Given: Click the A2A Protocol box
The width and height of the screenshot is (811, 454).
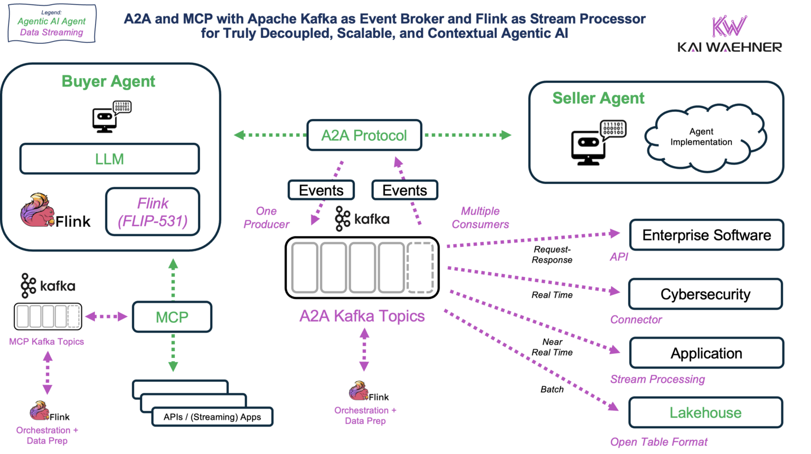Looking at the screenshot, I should click(364, 136).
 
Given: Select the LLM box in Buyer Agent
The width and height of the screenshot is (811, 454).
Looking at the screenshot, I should click(109, 159).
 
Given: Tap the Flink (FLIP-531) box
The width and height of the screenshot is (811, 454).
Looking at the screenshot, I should click(153, 212).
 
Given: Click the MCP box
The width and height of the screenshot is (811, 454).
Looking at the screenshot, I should click(172, 317).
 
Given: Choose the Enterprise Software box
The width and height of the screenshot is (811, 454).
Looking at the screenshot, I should click(706, 235).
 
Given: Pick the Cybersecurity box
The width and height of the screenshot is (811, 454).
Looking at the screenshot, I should click(705, 294).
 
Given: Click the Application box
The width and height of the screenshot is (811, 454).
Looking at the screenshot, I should click(706, 353).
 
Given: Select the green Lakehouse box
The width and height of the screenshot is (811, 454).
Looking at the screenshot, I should click(705, 412).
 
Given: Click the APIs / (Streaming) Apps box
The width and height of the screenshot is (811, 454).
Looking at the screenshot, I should click(212, 417).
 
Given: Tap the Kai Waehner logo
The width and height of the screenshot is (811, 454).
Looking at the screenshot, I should click(729, 34).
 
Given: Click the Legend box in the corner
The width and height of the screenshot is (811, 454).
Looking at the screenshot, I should click(52, 23).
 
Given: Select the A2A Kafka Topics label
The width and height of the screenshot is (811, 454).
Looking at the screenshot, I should click(362, 316).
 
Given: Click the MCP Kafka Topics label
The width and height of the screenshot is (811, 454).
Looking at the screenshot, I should click(46, 342).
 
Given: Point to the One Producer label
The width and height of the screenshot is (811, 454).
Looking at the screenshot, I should click(266, 218).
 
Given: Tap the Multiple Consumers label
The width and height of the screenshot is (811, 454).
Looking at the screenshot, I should click(480, 218).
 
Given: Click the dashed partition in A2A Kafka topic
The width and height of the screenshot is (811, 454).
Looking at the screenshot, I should click(420, 267).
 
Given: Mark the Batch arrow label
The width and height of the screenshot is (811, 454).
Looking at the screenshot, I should click(552, 389).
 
